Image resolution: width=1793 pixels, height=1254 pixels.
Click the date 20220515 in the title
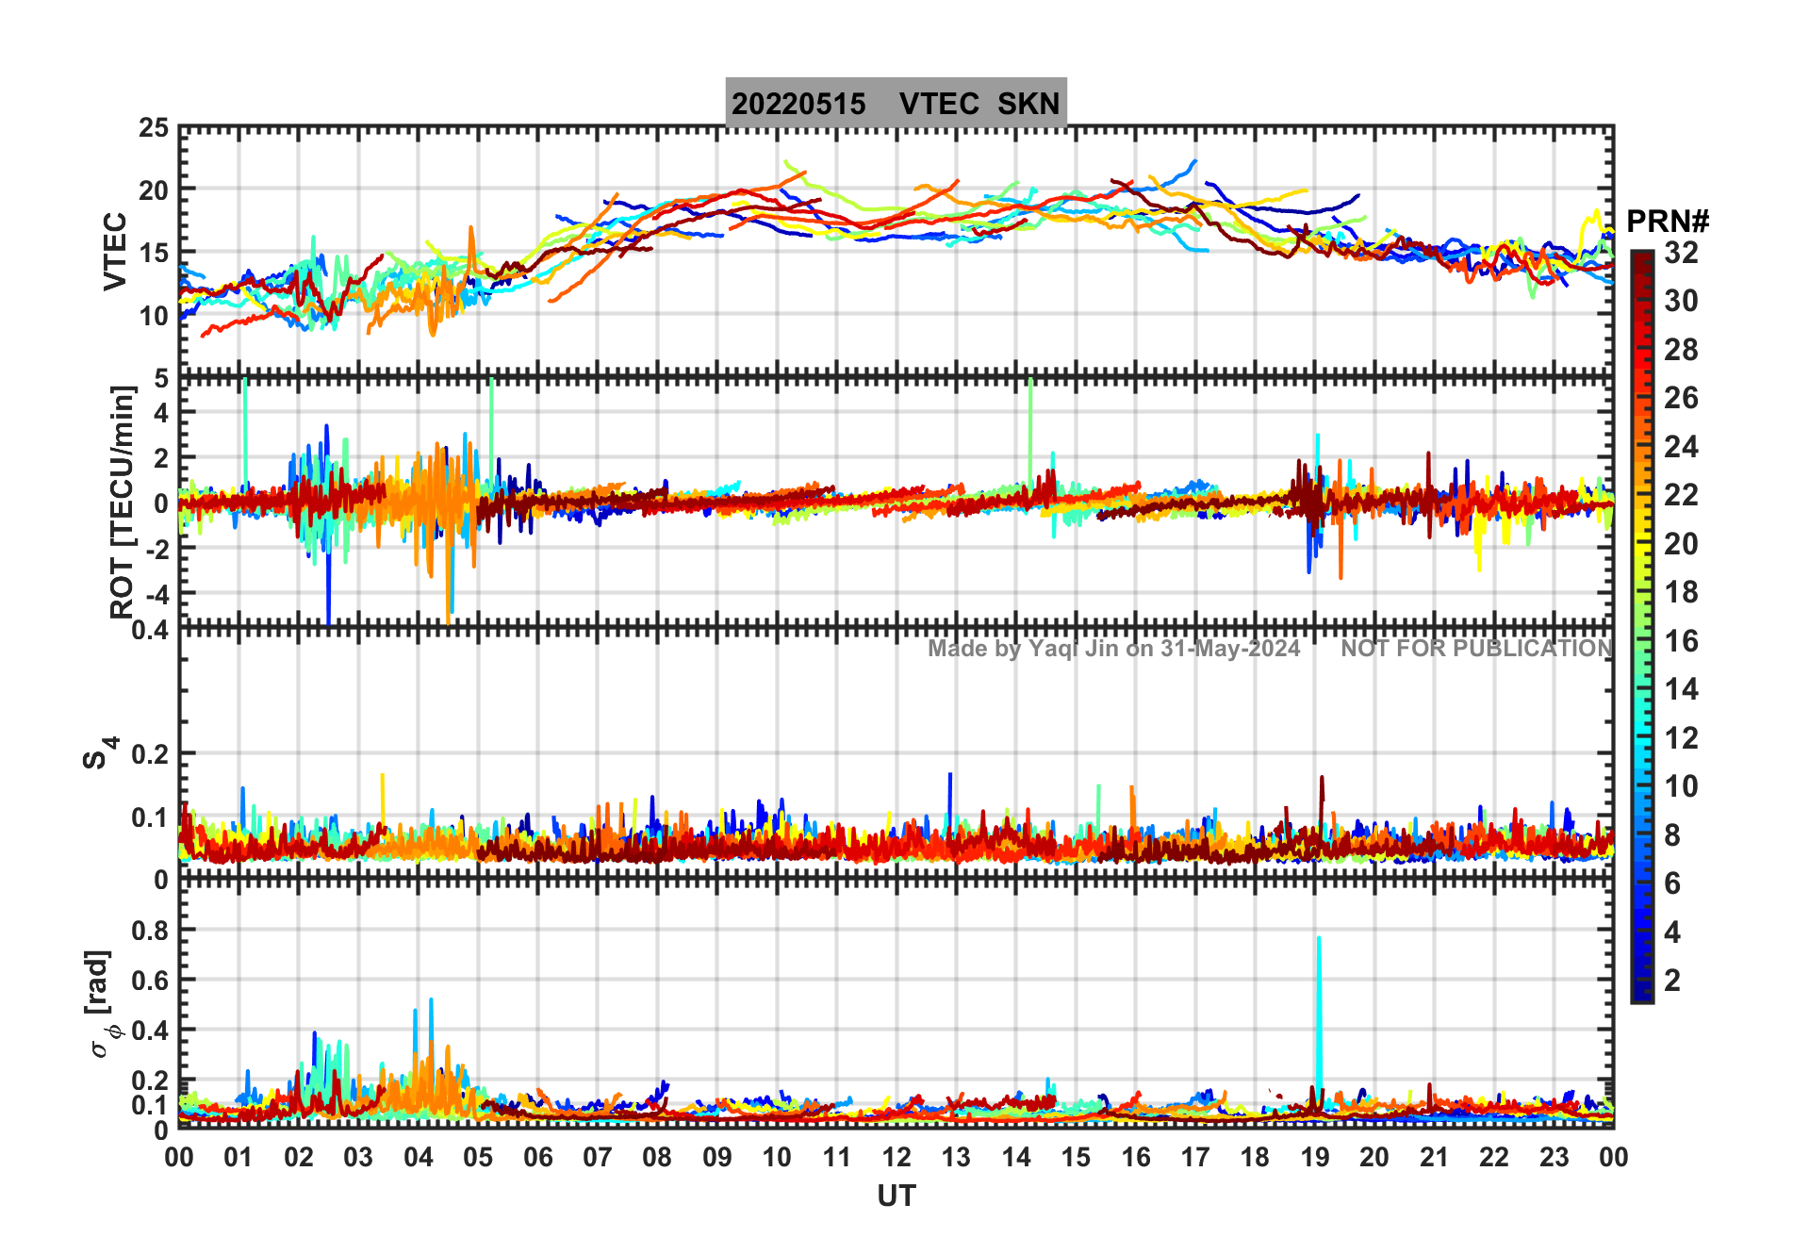[x=798, y=104]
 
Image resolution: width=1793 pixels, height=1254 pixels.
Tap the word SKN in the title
[x=1028, y=104]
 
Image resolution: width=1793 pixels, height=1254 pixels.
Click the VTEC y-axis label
[x=115, y=251]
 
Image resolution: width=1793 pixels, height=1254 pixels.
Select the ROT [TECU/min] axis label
[x=122, y=502]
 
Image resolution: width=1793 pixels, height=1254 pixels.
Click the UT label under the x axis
[x=896, y=1196]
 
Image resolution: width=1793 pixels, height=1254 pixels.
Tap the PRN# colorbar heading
[x=1668, y=222]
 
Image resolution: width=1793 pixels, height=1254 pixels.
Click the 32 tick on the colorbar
[x=1681, y=253]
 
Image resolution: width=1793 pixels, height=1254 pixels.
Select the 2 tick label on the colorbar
[x=1672, y=981]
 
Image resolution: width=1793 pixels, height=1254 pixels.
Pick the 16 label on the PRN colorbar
[x=1681, y=641]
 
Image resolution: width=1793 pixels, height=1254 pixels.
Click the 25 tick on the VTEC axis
[x=154, y=128]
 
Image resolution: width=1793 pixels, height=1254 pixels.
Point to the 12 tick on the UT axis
[x=896, y=1157]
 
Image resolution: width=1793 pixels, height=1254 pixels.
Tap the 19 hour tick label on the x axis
[x=1315, y=1157]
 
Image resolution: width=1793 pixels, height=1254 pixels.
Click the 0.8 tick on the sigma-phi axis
[x=150, y=930]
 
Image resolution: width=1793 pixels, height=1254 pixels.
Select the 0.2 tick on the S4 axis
[x=150, y=754]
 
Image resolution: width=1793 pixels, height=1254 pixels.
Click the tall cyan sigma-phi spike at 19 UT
[x=1319, y=1009]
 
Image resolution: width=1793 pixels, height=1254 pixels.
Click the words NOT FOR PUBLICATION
[x=1476, y=649]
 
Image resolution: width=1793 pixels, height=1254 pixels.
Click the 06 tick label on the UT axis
[x=537, y=1157]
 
